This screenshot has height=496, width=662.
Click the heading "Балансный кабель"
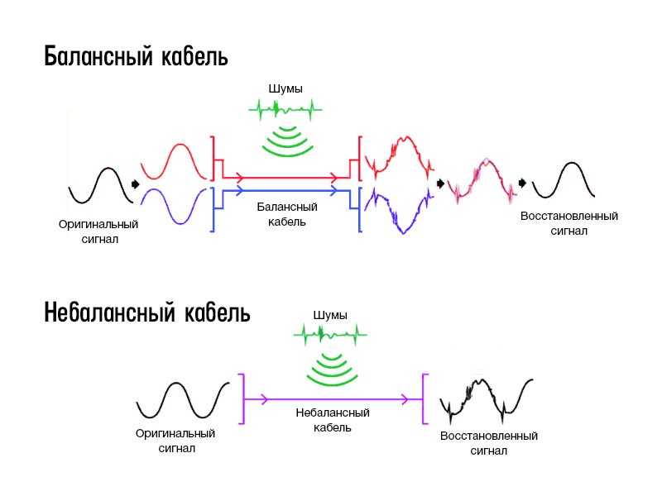(136, 56)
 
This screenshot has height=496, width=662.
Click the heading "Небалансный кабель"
(147, 312)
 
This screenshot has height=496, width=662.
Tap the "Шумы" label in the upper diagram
(285, 89)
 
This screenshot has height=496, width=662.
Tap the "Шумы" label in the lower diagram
(330, 315)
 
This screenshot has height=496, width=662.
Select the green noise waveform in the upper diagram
(285, 110)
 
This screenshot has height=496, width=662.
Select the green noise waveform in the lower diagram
(330, 335)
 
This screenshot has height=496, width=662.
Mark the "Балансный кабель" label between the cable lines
(287, 214)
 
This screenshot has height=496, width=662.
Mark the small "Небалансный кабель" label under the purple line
(333, 420)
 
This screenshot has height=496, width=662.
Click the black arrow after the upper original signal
(136, 184)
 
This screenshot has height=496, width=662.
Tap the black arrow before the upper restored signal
(523, 183)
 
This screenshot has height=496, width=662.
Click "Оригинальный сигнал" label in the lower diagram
(175, 441)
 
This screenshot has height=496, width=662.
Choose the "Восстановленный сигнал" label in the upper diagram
(569, 223)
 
